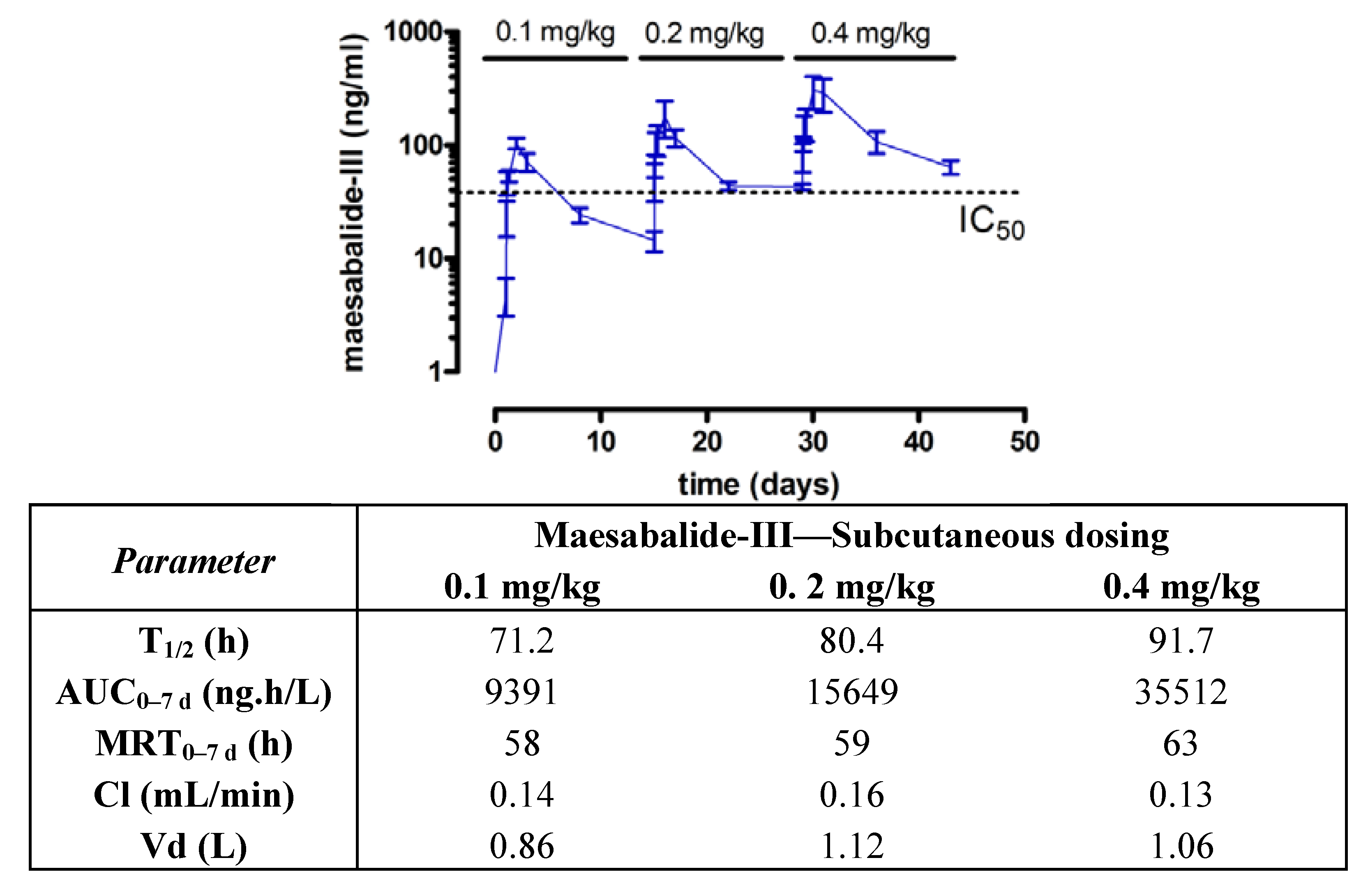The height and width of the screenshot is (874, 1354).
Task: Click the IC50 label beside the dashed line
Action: (991, 223)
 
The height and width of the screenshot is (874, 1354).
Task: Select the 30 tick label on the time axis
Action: (812, 442)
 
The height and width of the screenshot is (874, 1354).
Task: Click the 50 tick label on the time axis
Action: (1024, 442)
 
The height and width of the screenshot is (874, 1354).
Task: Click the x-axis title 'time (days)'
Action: (759, 485)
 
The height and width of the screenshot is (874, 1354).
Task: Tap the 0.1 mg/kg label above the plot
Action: (555, 32)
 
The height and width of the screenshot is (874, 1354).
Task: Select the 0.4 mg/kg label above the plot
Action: (870, 34)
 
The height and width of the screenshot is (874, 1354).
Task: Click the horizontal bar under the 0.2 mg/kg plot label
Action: (711, 58)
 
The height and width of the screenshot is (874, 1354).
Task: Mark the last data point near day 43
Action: (950, 167)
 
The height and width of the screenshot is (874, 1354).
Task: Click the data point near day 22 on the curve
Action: (729, 186)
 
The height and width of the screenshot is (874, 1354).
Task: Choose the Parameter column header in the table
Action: (194, 561)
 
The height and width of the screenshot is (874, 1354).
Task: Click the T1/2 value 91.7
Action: (1181, 641)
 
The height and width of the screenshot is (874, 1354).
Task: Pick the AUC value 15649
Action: (851, 692)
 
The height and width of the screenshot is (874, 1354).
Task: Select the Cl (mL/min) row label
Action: (194, 795)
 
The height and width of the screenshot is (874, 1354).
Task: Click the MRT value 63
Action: (1181, 743)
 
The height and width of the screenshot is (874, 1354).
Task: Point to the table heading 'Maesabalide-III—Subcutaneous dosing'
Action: (851, 535)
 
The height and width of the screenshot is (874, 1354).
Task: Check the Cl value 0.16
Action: (851, 795)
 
